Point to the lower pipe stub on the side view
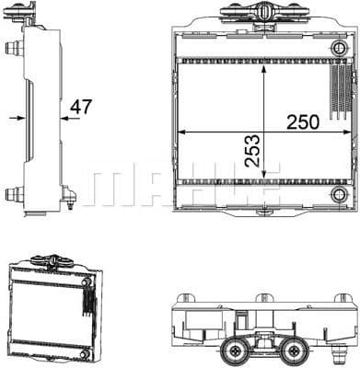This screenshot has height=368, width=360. coord(13,193)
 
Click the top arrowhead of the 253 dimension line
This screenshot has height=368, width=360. coord(265,66)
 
